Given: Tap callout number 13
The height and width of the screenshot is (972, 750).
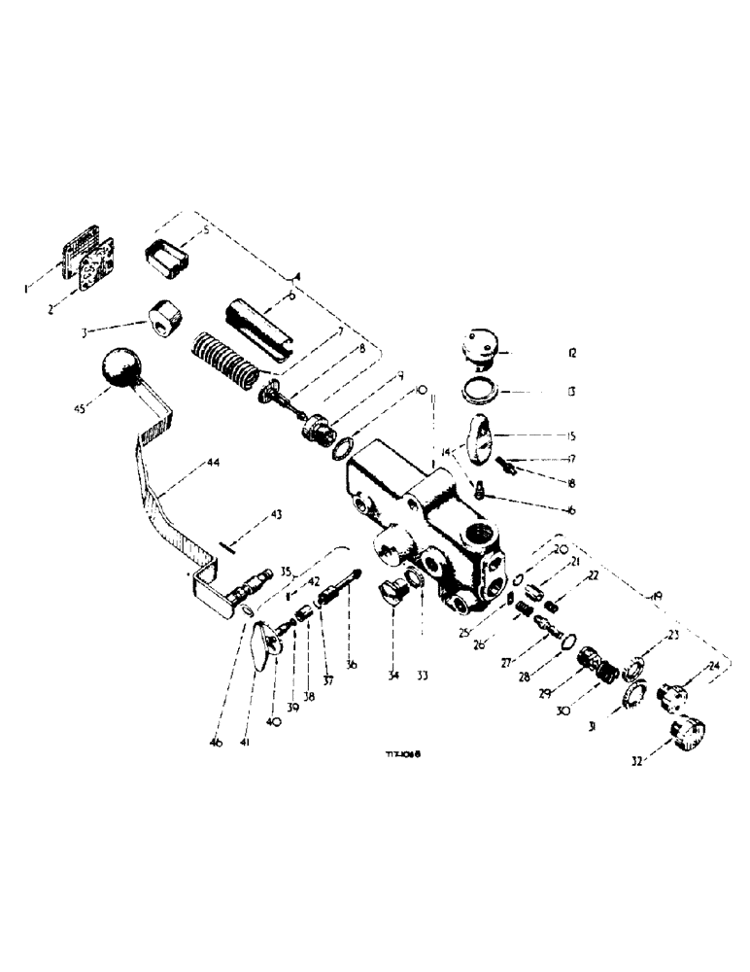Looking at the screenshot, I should point(573,394).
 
